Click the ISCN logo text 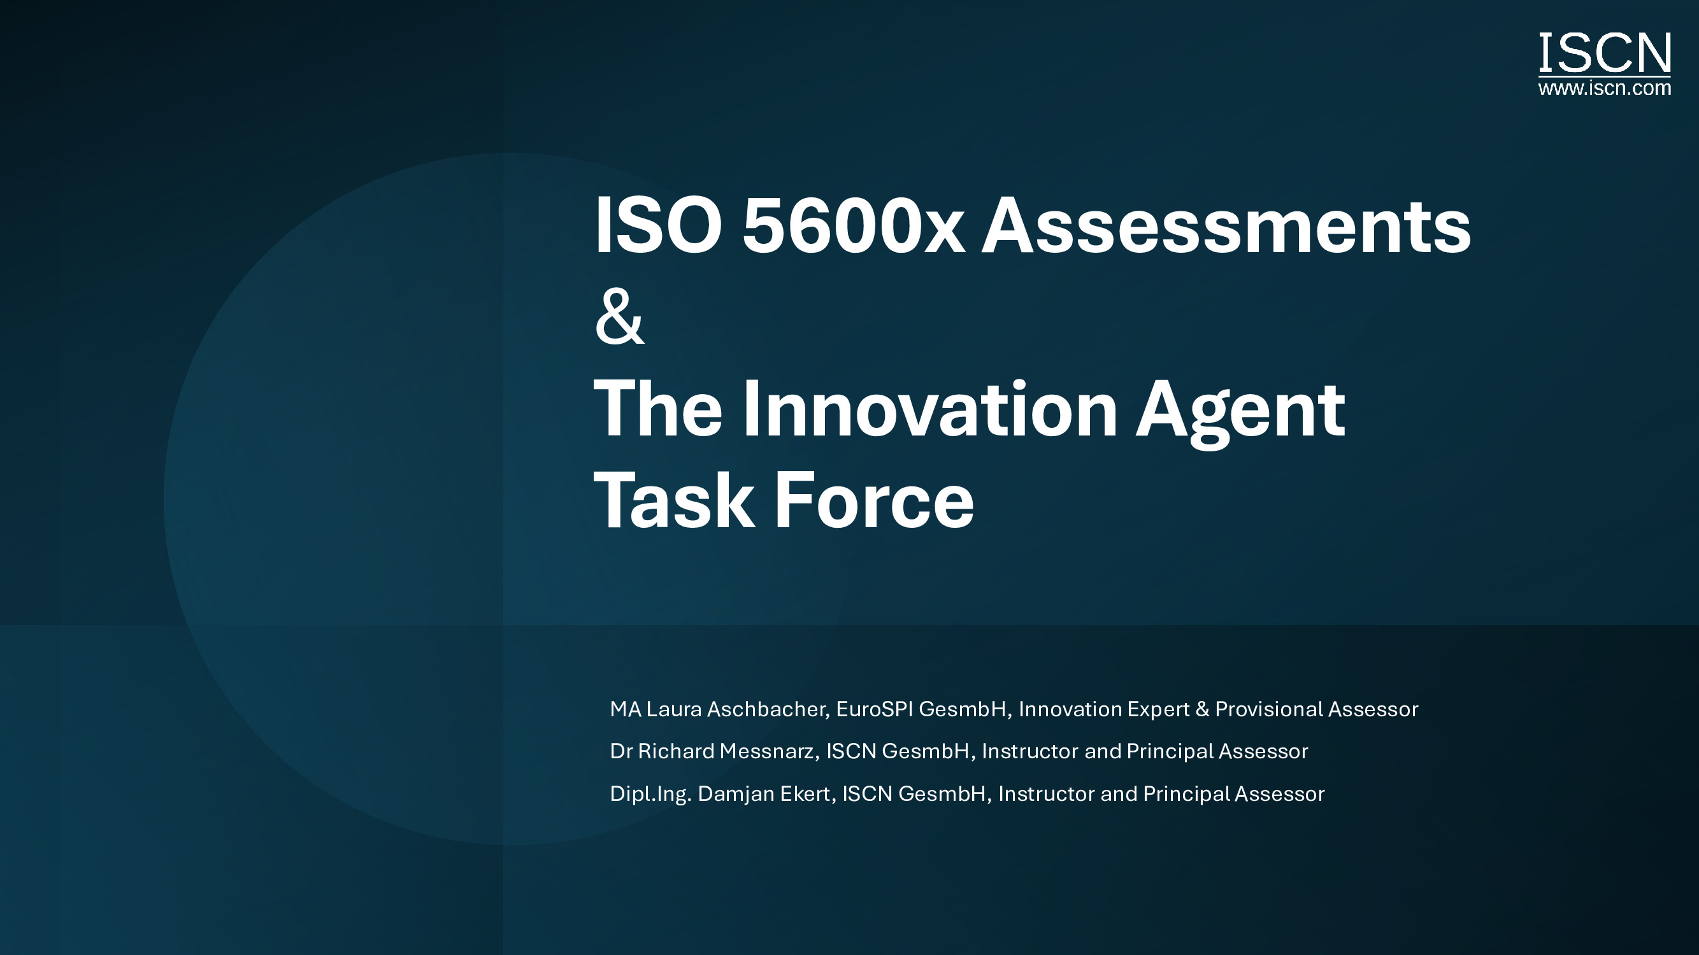(x=1605, y=53)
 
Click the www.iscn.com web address (x=1605, y=88)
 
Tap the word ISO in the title (x=658, y=225)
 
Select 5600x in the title (x=854, y=225)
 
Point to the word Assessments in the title (x=1227, y=225)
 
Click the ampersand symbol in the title (x=619, y=318)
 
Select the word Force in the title (x=874, y=500)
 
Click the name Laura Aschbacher (x=736, y=709)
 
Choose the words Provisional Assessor (x=1317, y=709)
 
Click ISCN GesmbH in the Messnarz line (x=898, y=751)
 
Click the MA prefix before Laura (x=624, y=709)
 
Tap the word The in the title (x=658, y=409)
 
